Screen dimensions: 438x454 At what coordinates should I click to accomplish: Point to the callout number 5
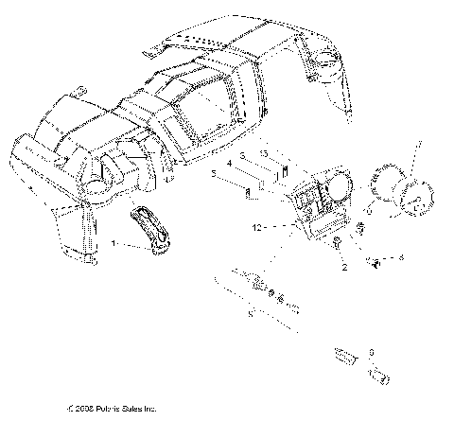click(x=216, y=173)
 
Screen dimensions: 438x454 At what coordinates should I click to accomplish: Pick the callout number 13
click(x=265, y=152)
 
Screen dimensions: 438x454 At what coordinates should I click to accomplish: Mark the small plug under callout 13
click(x=281, y=172)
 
